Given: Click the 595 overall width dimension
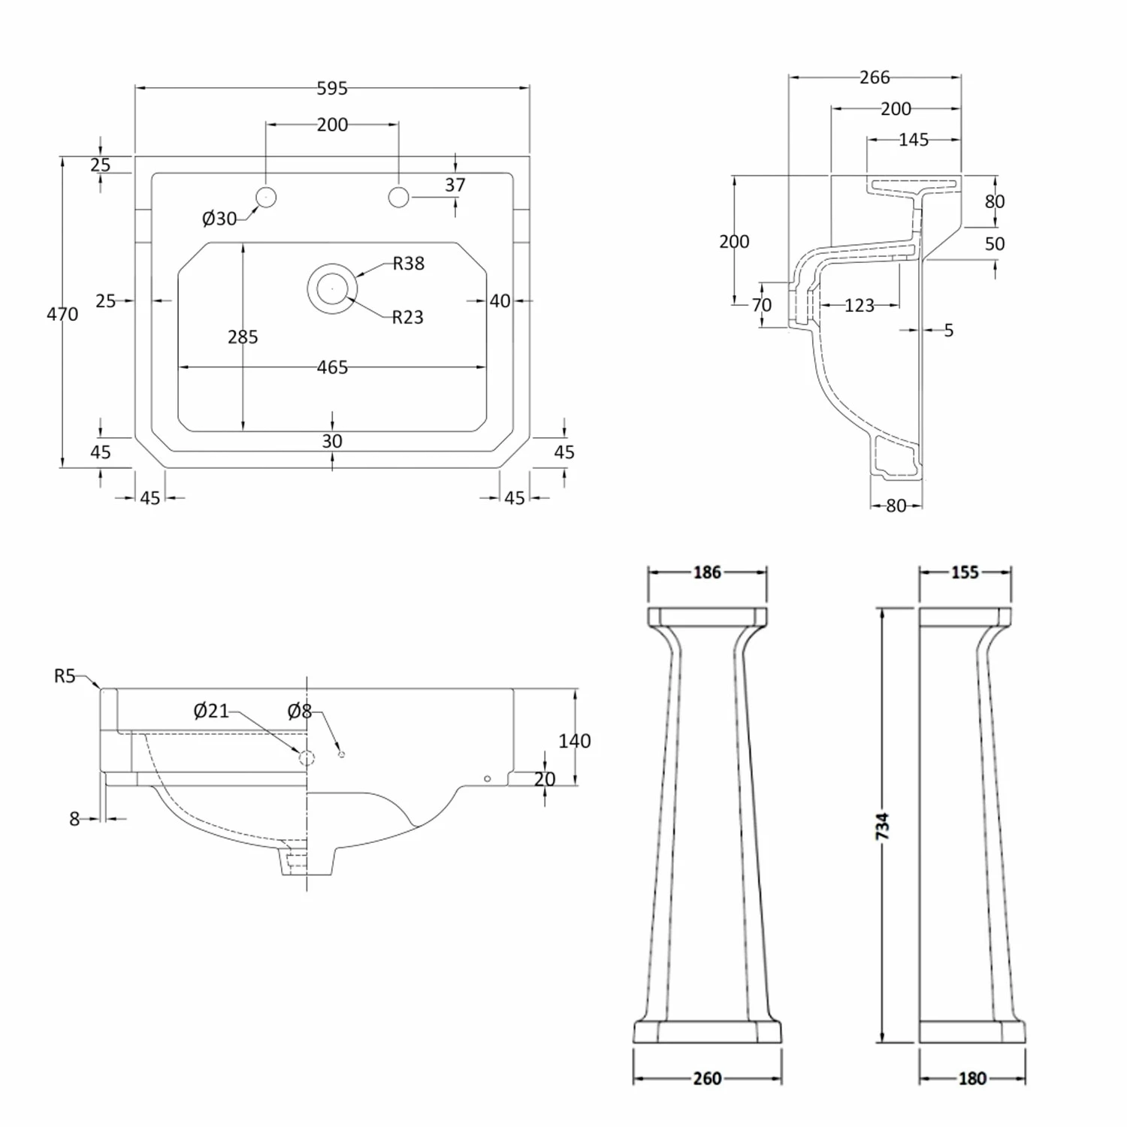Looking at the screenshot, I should coord(332,89).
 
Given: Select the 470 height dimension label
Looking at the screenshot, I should coord(62,314).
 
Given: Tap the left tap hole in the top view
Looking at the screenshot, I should coord(266,197).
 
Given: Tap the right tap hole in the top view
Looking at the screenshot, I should coord(398,197).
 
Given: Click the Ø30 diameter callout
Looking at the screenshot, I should coord(219,219).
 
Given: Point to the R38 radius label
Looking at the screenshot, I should coord(408,264).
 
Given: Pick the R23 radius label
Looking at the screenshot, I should coord(407,318).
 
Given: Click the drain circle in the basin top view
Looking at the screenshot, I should coord(331,289).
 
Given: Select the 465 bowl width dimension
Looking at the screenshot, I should coord(332,367).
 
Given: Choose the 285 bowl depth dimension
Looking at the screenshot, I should coord(243,337).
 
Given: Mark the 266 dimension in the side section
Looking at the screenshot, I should coord(875,77).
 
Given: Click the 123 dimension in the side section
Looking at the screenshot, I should coord(859,306).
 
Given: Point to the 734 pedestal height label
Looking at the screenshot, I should coord(883,826).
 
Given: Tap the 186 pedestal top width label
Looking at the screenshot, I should coord(707,573).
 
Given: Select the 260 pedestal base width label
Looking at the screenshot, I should coord(707,1078).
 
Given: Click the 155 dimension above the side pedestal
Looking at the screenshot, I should coord(965,573).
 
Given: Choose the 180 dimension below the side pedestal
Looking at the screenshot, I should coord(971,1078).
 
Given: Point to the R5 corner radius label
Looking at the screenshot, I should coord(65,676).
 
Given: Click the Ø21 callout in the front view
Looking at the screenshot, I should coord(210,711).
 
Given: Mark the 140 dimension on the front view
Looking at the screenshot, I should coord(574,741).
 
